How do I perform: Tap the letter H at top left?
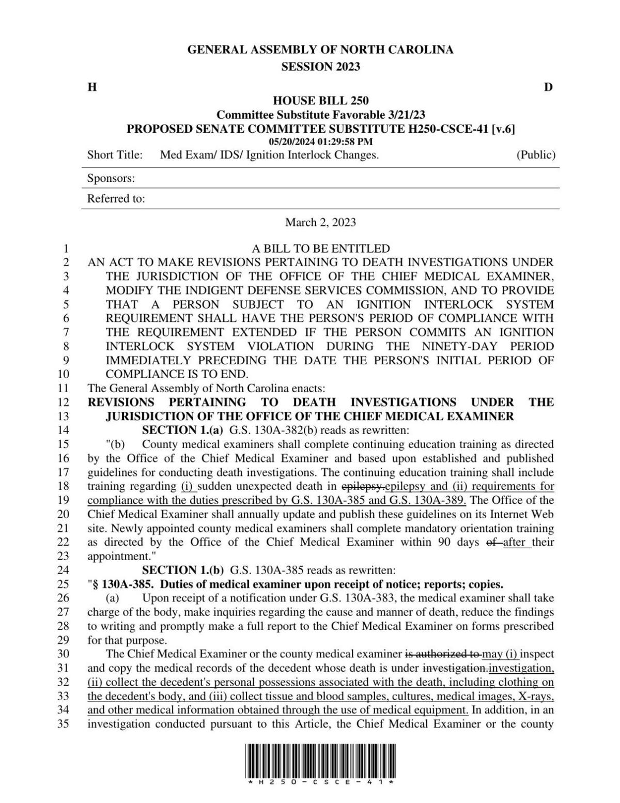click(92, 87)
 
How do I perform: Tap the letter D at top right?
click(548, 87)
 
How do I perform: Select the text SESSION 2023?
click(320, 67)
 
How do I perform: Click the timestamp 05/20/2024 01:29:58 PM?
click(320, 142)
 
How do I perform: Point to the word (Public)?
click(536, 155)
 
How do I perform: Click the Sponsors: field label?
click(111, 178)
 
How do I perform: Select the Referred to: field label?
click(116, 198)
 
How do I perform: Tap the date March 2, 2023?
click(320, 222)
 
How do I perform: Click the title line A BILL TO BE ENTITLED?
click(320, 249)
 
